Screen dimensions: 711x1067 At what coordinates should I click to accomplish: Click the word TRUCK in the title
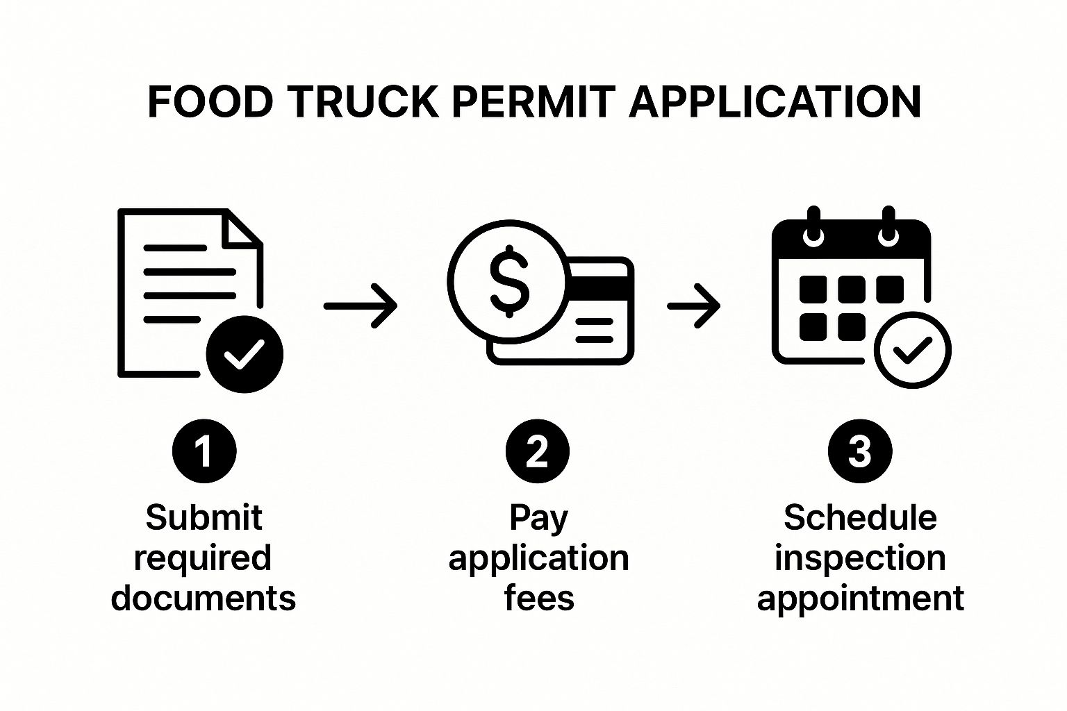pyautogui.click(x=363, y=102)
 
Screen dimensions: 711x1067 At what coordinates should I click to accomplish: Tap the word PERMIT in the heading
pyautogui.click(x=533, y=102)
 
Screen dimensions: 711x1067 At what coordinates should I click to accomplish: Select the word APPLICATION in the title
pyautogui.click(x=775, y=102)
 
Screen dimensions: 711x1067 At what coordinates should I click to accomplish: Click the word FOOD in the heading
pyautogui.click(x=210, y=102)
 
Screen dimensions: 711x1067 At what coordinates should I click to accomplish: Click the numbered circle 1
pyautogui.click(x=204, y=451)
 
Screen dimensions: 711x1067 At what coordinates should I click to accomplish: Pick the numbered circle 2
pyautogui.click(x=537, y=451)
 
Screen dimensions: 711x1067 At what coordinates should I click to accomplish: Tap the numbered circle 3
pyautogui.click(x=859, y=451)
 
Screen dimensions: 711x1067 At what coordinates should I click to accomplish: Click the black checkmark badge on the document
pyautogui.click(x=245, y=354)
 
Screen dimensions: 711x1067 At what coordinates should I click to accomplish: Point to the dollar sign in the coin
pyautogui.click(x=509, y=281)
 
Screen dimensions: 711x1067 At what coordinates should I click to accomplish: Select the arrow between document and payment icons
pyautogui.click(x=361, y=305)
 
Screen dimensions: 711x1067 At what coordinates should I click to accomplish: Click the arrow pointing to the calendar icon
pyautogui.click(x=693, y=305)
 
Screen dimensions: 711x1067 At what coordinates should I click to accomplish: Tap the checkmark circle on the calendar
pyautogui.click(x=912, y=350)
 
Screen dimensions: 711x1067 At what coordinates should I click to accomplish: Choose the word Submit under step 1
pyautogui.click(x=204, y=518)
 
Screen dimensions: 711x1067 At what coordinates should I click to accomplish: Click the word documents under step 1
pyautogui.click(x=204, y=599)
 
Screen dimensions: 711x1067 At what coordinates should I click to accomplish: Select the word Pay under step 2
pyautogui.click(x=538, y=518)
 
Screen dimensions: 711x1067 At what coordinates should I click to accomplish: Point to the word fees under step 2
pyautogui.click(x=539, y=599)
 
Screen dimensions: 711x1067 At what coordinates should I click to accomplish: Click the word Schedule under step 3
pyautogui.click(x=860, y=518)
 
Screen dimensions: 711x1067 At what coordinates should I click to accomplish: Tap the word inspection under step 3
pyautogui.click(x=860, y=558)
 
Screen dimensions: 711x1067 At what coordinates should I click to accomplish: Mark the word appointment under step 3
pyautogui.click(x=860, y=599)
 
